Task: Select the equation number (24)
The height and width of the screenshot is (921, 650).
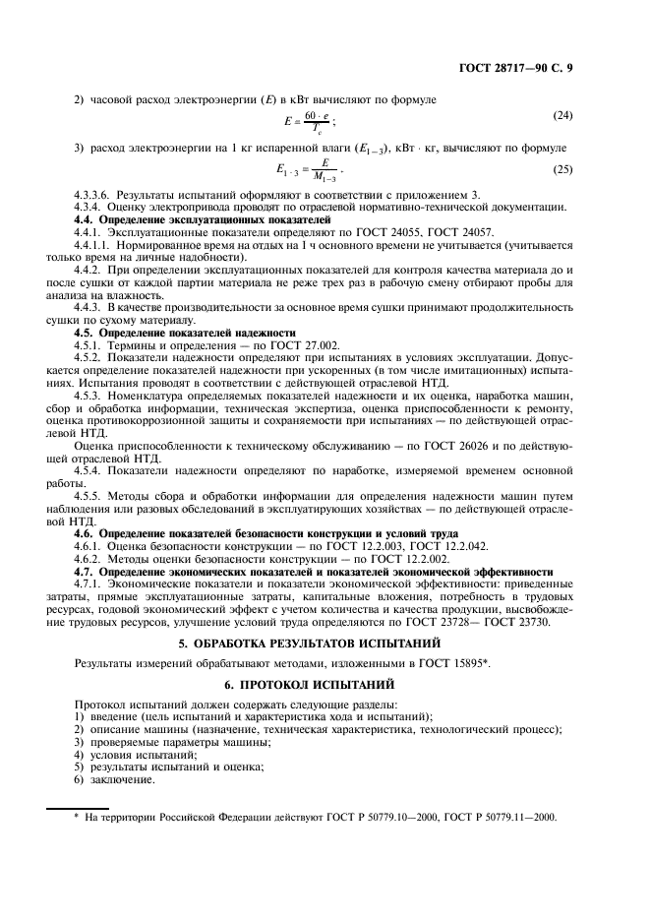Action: pos(561,116)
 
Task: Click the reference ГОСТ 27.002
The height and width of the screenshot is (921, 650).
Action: pos(303,345)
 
